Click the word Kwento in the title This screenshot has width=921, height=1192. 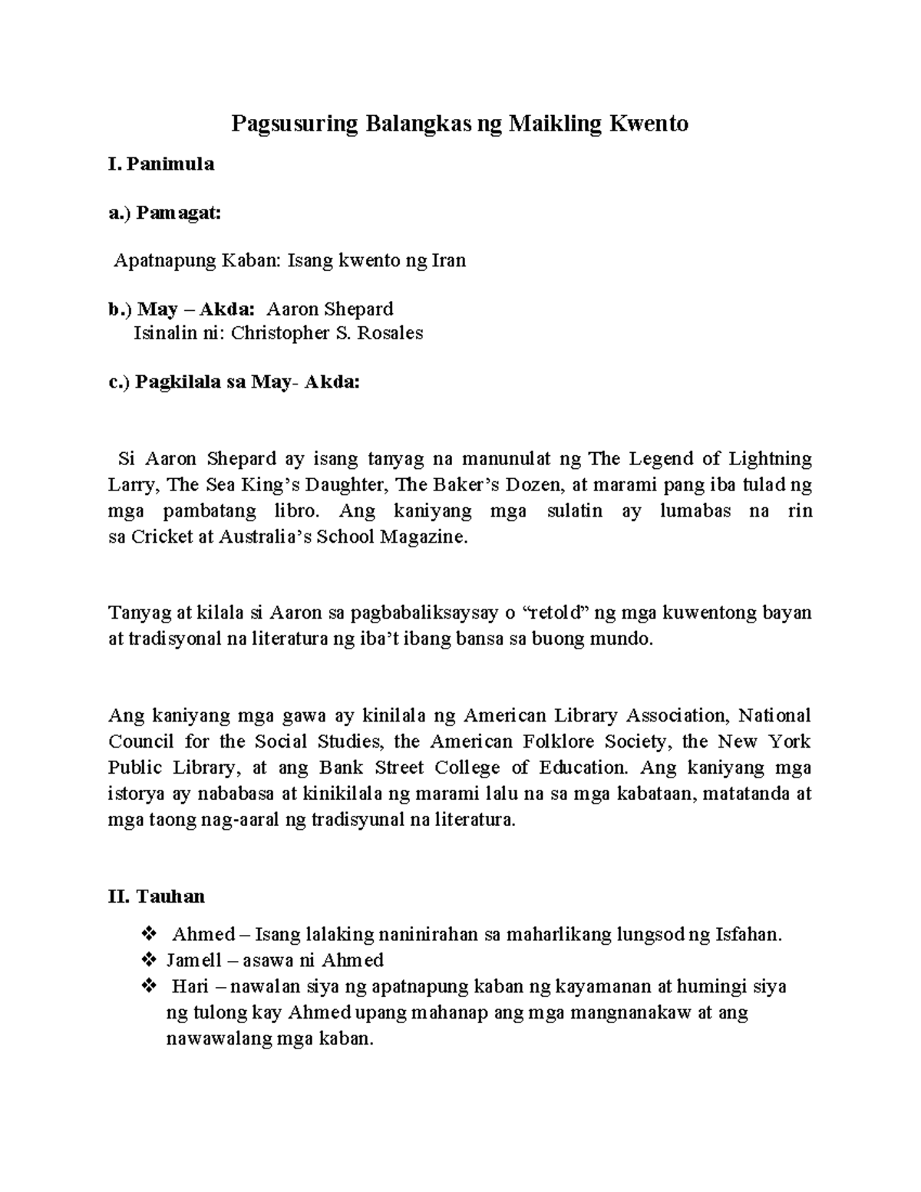(x=649, y=124)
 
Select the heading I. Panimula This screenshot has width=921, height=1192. (x=160, y=163)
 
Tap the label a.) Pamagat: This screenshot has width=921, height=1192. (x=164, y=213)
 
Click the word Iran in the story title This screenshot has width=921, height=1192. (x=449, y=261)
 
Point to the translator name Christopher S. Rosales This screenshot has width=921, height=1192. (x=327, y=333)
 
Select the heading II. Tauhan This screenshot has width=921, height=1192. (x=157, y=896)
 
